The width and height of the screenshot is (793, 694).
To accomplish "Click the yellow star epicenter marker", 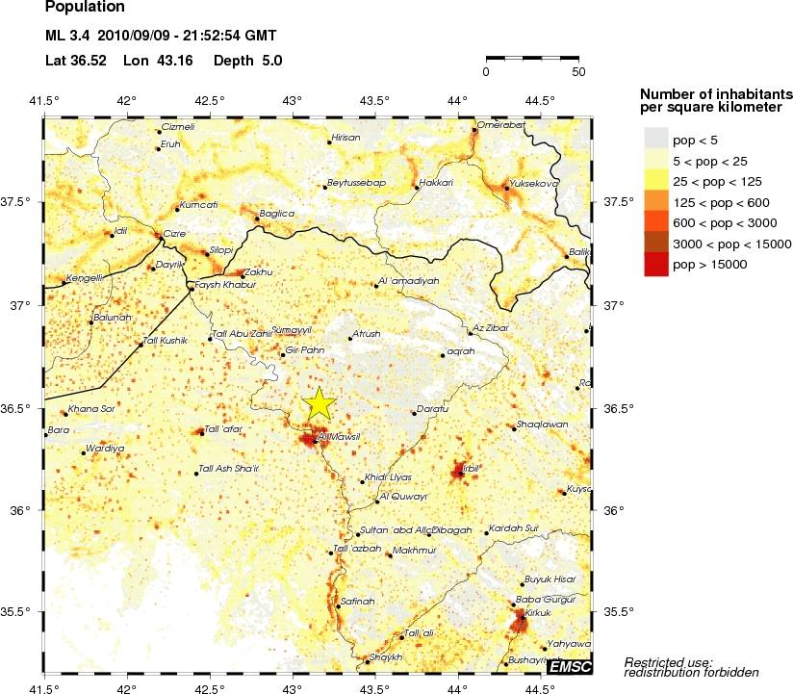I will tap(320, 404).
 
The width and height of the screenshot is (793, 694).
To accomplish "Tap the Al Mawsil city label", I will tap(338, 436).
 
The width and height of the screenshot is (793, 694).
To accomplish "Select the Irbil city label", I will tap(470, 468).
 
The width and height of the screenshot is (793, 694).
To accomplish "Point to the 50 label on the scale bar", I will tap(577, 70).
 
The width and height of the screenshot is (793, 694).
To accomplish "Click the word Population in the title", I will tap(85, 8).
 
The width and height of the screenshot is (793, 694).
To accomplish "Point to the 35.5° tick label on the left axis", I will tap(22, 612).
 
